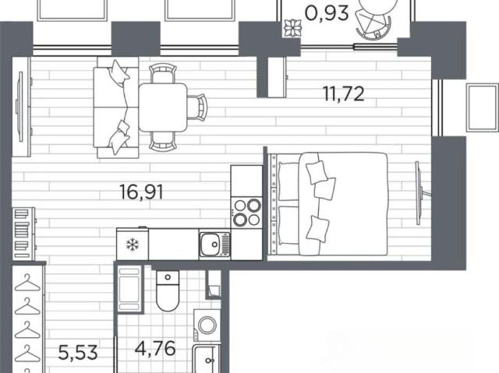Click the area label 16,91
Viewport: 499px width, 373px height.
(141, 192)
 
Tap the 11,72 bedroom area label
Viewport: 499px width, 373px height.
(343, 94)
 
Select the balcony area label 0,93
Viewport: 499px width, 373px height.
(327, 14)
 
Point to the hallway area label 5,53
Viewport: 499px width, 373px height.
(78, 353)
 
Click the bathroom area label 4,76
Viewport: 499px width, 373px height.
(155, 349)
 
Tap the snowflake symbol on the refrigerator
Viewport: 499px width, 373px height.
(133, 245)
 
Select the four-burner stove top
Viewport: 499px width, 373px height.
(247, 213)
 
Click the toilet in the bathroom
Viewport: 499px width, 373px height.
(168, 290)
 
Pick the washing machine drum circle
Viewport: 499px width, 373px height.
(207, 325)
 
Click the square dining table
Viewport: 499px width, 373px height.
(163, 107)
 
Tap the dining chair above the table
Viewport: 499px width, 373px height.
(163, 73)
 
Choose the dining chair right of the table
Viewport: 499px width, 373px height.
(197, 107)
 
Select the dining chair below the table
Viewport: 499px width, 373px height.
(163, 142)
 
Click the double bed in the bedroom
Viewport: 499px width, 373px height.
(328, 204)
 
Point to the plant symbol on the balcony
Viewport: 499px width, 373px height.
(292, 28)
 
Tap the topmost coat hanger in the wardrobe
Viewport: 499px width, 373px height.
(28, 283)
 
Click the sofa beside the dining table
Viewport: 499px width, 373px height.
(116, 107)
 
